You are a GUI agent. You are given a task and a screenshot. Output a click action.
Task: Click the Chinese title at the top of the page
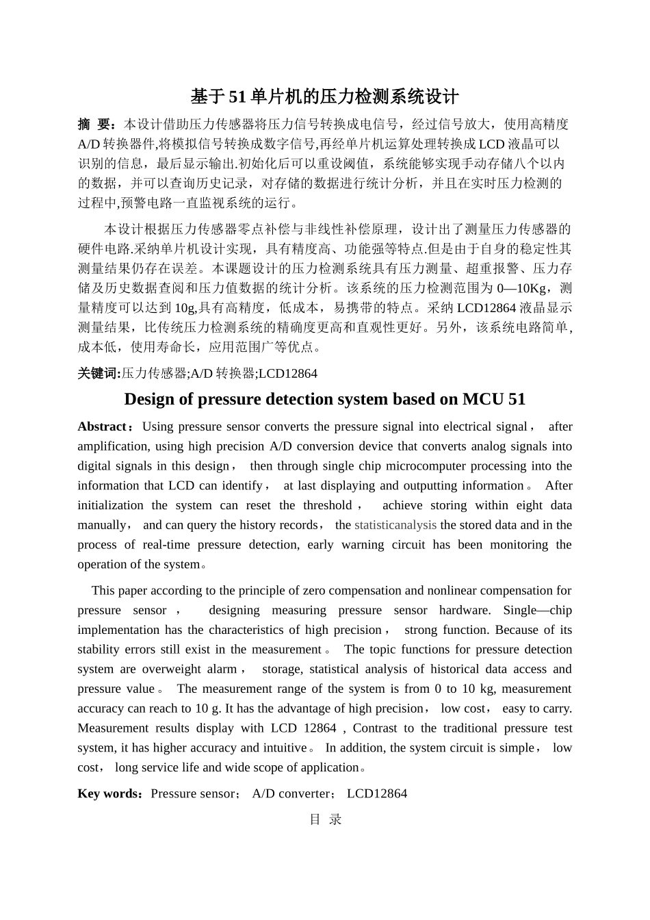point(324,97)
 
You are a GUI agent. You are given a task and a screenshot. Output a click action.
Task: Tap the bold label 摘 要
point(97,125)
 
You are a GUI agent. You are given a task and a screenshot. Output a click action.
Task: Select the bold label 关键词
point(99,373)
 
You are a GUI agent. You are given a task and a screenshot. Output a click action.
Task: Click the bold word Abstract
point(102,426)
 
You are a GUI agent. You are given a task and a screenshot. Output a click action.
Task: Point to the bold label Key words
point(109,793)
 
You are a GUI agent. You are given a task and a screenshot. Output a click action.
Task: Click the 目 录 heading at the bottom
point(325,819)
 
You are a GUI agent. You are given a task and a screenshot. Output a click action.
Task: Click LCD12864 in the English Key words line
point(377,793)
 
